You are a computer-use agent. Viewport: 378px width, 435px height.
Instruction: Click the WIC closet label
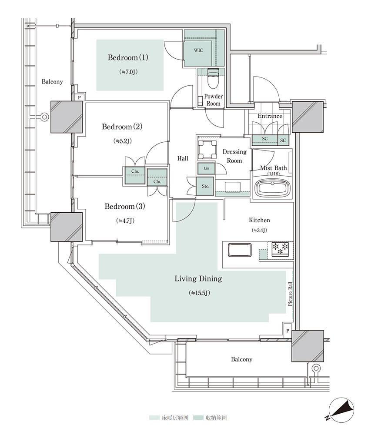(x=198, y=50)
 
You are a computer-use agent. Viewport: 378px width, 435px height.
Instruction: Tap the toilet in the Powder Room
(x=214, y=78)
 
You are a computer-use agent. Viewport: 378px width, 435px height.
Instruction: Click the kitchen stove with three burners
(x=280, y=248)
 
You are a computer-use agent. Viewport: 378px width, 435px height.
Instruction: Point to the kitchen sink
(x=239, y=250)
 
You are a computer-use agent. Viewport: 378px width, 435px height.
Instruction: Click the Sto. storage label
(x=205, y=186)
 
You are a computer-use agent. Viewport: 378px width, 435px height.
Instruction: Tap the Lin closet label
(x=206, y=168)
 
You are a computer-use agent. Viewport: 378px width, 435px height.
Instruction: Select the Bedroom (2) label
(x=122, y=127)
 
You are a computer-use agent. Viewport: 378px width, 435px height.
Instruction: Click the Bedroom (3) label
(x=125, y=207)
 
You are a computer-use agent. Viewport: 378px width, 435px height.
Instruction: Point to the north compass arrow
(x=341, y=409)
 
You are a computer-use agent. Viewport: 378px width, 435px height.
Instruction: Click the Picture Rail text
(x=290, y=294)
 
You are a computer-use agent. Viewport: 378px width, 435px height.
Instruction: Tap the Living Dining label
(x=198, y=279)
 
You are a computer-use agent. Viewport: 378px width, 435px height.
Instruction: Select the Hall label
(x=183, y=159)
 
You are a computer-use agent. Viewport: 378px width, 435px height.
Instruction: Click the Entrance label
(x=270, y=116)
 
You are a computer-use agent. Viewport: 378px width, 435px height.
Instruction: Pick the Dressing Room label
(x=234, y=156)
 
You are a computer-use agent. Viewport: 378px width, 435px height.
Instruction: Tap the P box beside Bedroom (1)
(x=79, y=98)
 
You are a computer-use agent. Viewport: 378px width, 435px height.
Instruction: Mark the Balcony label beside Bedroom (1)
(x=52, y=82)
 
